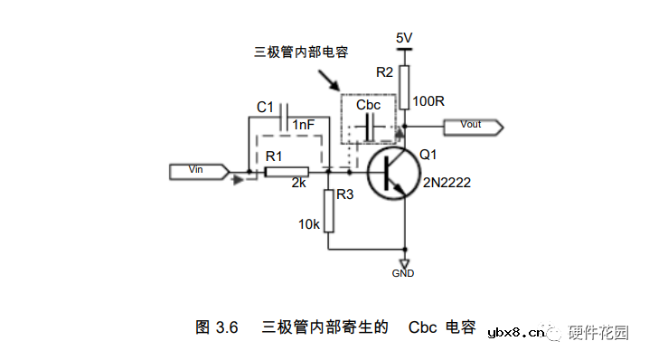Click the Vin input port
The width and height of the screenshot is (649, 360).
click(x=197, y=171)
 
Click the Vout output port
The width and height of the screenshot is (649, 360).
click(x=474, y=125)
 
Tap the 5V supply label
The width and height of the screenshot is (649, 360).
click(x=404, y=37)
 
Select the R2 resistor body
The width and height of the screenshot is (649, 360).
click(x=404, y=80)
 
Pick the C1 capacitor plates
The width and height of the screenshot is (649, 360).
click(x=286, y=117)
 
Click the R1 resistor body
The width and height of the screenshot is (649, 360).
click(x=286, y=171)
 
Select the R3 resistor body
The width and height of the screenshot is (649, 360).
click(x=330, y=211)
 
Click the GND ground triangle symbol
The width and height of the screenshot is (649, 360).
click(x=404, y=262)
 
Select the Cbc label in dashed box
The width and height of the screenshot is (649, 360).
click(x=368, y=105)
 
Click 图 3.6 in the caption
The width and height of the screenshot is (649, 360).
click(x=216, y=327)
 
